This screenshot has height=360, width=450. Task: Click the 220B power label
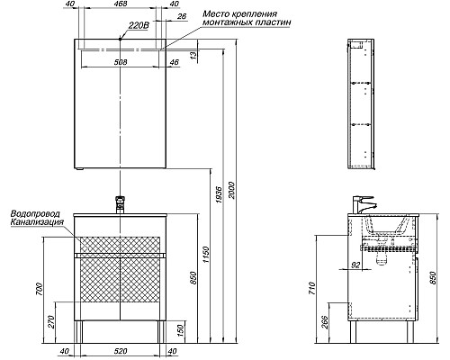click(x=139, y=26)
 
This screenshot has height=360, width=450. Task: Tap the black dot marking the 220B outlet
click(x=120, y=39)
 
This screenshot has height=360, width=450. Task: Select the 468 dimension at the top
click(x=121, y=4)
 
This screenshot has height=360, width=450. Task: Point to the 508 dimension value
click(x=121, y=62)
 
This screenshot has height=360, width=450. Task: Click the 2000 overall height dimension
click(x=232, y=190)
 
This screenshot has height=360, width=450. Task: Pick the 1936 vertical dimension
click(x=220, y=195)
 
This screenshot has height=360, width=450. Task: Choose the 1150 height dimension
click(x=206, y=255)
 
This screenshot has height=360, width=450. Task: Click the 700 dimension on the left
click(x=40, y=289)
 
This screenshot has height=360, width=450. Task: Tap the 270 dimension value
click(x=51, y=322)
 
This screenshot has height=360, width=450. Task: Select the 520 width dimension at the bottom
click(x=121, y=351)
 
